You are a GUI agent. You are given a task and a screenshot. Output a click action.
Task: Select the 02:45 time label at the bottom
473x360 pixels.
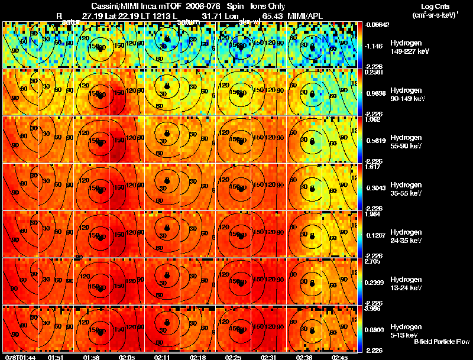[x=340, y=357]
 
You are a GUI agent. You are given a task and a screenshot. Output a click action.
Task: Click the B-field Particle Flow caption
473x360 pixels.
[x=442, y=342]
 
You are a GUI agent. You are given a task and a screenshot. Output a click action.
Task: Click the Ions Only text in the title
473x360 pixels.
[x=268, y=5]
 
